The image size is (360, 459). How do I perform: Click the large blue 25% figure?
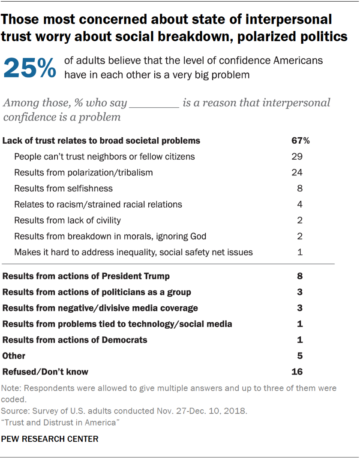(30, 68)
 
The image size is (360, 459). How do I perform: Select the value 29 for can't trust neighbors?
(297, 157)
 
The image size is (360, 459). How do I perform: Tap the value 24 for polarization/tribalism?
(297, 172)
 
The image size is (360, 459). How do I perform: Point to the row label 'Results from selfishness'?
(63, 188)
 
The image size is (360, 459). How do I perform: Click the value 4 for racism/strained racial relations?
(300, 204)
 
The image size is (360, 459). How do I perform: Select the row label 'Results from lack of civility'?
(67, 220)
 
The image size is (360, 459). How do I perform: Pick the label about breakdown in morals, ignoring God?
(110, 236)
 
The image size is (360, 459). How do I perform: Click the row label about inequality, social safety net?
(133, 252)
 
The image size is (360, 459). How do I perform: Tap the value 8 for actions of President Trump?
(300, 276)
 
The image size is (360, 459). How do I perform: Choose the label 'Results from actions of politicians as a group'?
(97, 292)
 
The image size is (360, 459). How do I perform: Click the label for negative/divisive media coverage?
(100, 308)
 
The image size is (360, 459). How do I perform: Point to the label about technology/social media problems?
(117, 324)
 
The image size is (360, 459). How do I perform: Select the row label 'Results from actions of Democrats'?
(75, 340)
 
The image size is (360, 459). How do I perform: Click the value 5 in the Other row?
(300, 356)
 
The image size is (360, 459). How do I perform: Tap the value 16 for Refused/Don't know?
(297, 371)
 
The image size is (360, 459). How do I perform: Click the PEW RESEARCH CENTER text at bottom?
(50, 439)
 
